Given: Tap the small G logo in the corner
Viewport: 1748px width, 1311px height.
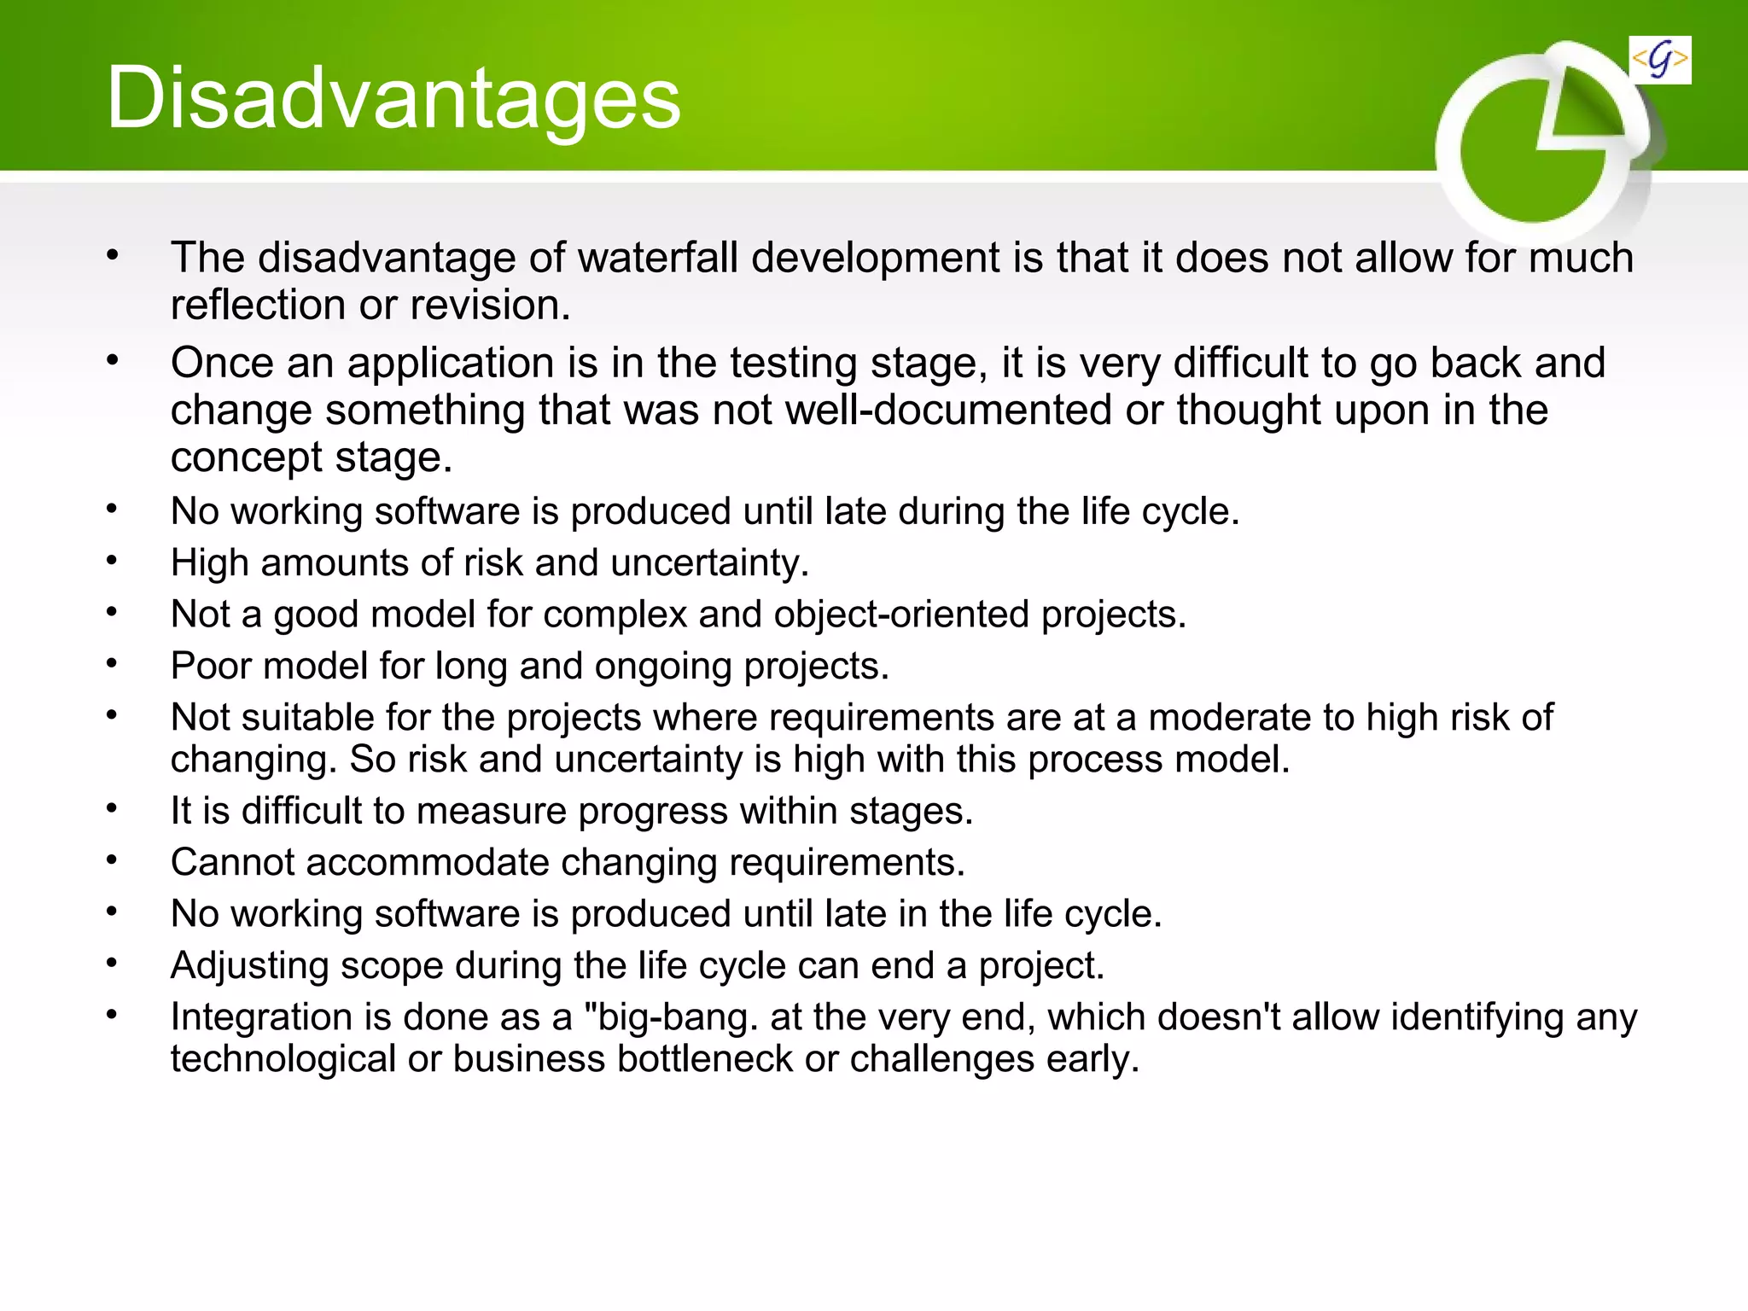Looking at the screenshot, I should (x=1659, y=61).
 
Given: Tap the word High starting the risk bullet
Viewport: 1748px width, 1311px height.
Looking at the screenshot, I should (x=209, y=563).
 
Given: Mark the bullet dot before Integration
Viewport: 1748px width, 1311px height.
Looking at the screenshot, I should (x=112, y=1014).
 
